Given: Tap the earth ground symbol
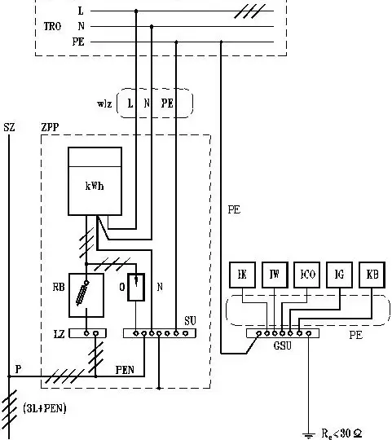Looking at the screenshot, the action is (308, 436).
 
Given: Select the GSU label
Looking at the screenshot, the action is (283, 345).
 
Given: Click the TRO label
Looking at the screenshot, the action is (52, 26).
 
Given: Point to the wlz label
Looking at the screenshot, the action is (104, 103).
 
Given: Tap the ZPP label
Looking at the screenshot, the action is (50, 127).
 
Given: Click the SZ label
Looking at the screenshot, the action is (9, 127).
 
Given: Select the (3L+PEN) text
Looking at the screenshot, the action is (45, 408).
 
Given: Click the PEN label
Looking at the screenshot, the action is (125, 370).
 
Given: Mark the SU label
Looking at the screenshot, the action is (190, 321).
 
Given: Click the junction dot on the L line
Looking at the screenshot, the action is (136, 11).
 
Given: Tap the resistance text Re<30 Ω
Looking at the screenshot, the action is (341, 433).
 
